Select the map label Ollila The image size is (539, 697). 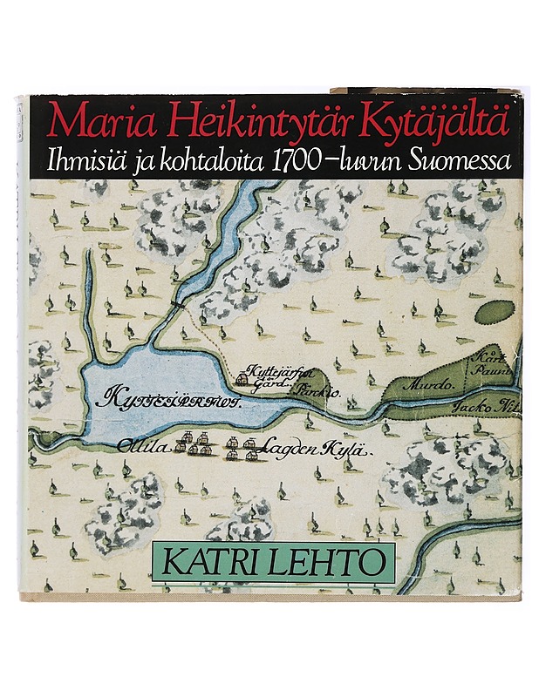pyautogui.click(x=144, y=446)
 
